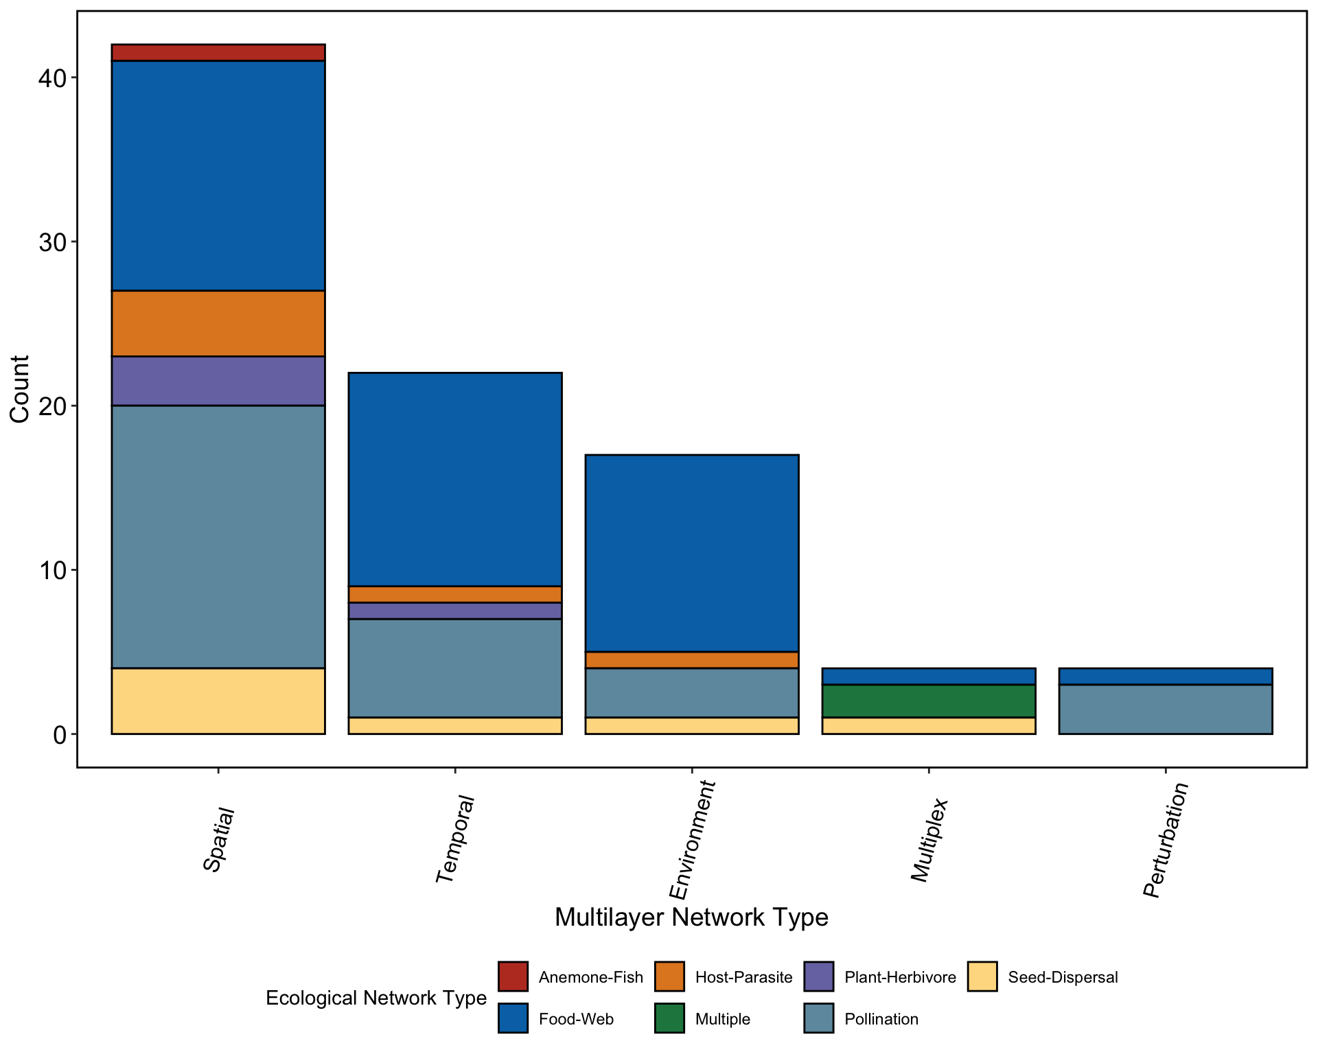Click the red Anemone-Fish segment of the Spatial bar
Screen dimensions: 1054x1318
[x=218, y=53]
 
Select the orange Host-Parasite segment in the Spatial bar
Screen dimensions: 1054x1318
[x=218, y=323]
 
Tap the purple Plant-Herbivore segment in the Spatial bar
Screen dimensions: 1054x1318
[x=218, y=381]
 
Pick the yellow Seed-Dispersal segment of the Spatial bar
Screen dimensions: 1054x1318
[x=218, y=701]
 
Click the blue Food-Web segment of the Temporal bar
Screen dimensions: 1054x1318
[x=455, y=479]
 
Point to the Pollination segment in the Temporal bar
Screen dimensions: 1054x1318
[x=455, y=668]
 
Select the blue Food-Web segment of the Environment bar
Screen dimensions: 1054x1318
[x=692, y=553]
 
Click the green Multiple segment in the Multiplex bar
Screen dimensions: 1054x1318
[x=929, y=701]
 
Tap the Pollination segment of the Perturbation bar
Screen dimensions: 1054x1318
[x=1166, y=709]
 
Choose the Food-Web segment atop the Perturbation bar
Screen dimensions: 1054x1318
[x=1166, y=676]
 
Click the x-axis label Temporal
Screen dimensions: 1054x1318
[x=455, y=839]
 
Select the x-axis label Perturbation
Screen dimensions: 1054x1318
[x=1166, y=840]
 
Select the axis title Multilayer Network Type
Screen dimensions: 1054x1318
[x=691, y=917]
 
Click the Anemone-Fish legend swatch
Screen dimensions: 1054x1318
[x=513, y=976]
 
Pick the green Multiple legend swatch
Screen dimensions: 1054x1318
[x=669, y=1018]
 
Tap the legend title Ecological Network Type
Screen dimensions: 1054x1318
[x=376, y=998]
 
